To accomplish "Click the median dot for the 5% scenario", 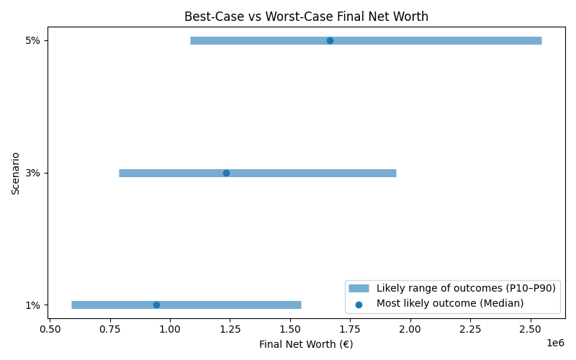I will point(330,40).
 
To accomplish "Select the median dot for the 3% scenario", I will point(226,173).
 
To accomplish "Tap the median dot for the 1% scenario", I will point(156,305).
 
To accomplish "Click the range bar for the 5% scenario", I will point(432,40).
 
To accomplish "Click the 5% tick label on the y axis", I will point(32,40).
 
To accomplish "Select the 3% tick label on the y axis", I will point(32,173).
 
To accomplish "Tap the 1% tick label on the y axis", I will point(32,305).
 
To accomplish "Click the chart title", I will point(307,16).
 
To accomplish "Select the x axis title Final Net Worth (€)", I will point(307,344).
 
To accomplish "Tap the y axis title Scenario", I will point(16,173).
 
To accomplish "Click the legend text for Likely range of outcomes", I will point(466,288).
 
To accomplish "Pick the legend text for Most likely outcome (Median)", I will point(450,303).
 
